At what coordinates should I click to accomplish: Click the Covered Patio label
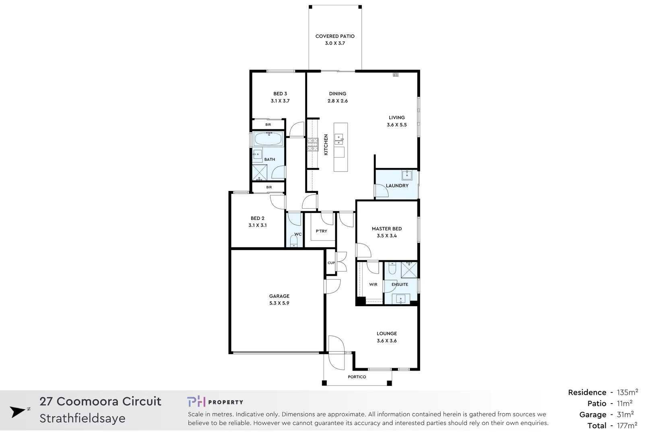335,36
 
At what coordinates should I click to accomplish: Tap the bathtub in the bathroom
268,139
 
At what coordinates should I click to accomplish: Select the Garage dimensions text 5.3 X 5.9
279,303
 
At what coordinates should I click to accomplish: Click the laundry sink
406,175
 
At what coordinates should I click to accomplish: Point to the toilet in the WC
294,242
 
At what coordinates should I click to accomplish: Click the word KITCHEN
326,145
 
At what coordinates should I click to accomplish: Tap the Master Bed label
386,229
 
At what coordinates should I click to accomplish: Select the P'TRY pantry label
321,231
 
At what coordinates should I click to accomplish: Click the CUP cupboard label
331,263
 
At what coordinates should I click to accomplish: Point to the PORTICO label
357,377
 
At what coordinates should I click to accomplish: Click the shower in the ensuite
409,269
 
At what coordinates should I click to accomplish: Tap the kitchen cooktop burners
313,145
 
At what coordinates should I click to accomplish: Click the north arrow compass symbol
19,412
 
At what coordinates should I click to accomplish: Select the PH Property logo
215,402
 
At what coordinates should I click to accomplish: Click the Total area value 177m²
627,426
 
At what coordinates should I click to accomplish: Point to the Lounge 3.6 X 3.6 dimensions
386,341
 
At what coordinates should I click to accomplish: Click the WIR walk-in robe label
373,284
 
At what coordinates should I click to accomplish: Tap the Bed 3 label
280,94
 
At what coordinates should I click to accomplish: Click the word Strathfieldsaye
82,418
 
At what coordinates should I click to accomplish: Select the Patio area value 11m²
624,404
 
